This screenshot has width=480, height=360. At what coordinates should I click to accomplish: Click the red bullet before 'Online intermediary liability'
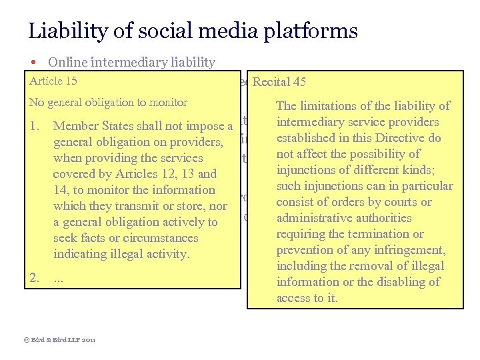click(x=33, y=63)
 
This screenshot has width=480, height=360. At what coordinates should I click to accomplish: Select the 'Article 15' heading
click(x=53, y=81)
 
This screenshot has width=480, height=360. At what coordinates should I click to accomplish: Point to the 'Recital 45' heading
click(x=279, y=83)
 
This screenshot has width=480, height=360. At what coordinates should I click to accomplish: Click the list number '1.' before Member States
click(x=37, y=126)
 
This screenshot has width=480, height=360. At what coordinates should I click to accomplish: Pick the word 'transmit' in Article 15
click(x=132, y=206)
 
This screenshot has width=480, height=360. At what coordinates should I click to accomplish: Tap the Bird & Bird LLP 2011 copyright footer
click(x=60, y=339)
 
